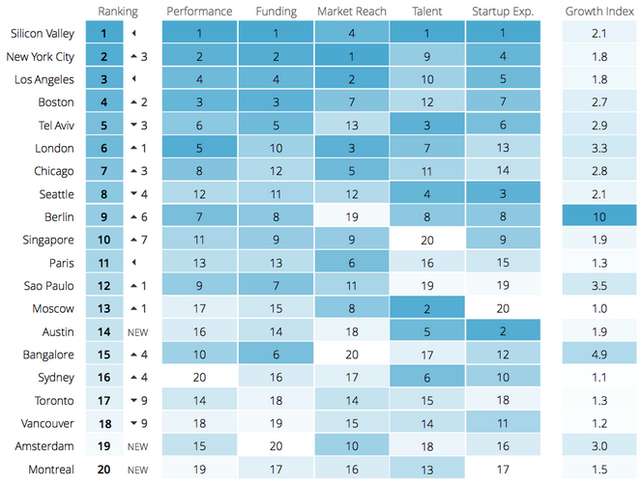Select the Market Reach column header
(x=352, y=12)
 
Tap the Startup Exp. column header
(x=503, y=12)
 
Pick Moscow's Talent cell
(x=427, y=308)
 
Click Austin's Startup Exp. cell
(x=503, y=331)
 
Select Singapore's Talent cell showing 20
(x=427, y=240)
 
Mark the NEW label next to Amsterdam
(x=136, y=446)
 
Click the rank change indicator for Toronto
(x=136, y=400)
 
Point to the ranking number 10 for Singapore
(x=103, y=240)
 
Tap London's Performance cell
(x=199, y=148)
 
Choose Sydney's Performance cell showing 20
(x=199, y=378)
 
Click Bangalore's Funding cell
(x=277, y=355)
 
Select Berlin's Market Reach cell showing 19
(x=352, y=216)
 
